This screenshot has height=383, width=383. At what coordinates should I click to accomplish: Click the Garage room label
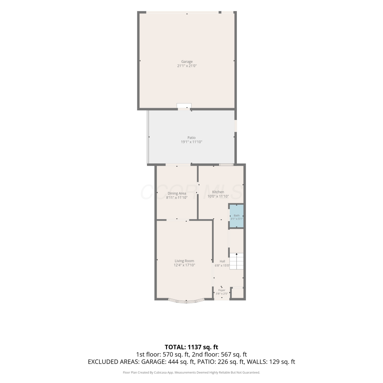[x=187, y=62]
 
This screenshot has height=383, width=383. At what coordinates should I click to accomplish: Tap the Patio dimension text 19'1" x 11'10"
[x=192, y=142]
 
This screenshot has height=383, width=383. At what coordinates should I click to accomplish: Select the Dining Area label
[x=177, y=193]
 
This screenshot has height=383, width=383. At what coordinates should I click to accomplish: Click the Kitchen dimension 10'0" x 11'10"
[x=218, y=196]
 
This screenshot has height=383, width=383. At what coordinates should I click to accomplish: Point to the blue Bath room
[x=236, y=216]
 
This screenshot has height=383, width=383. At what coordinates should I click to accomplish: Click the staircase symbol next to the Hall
[x=236, y=261]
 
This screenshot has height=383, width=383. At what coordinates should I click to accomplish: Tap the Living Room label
[x=184, y=261]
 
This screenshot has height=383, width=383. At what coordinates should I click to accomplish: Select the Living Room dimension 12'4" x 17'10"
[x=184, y=265]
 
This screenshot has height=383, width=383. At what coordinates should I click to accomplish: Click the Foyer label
[x=222, y=290]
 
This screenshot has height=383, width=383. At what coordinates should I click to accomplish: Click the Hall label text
[x=222, y=261]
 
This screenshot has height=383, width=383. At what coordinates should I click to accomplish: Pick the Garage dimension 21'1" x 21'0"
[x=187, y=66]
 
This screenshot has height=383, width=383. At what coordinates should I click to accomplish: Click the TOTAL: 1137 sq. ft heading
[x=192, y=347]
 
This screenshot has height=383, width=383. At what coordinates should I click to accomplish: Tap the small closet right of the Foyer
[x=237, y=293]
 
